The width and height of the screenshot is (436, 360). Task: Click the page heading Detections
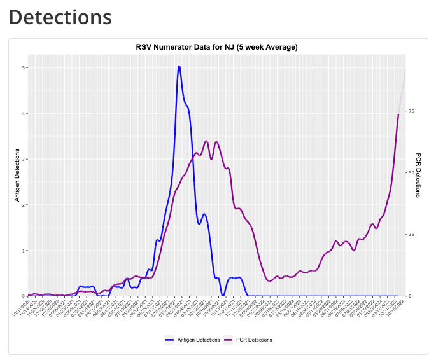(60, 17)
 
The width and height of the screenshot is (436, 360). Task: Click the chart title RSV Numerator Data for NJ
(217, 47)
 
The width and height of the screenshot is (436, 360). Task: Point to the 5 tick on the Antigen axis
(25, 67)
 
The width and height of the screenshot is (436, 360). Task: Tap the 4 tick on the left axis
(25, 113)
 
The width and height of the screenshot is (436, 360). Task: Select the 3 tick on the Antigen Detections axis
(25, 159)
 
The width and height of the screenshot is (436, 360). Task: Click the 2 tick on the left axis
(25, 205)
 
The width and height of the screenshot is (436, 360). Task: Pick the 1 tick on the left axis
(25, 251)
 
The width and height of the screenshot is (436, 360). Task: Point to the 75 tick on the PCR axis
(411, 111)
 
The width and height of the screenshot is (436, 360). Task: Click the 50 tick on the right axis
(411, 172)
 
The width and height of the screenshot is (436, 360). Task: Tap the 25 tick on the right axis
(411, 234)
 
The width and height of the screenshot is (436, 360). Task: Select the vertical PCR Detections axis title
(418, 175)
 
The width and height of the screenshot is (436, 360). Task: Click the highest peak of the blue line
(179, 66)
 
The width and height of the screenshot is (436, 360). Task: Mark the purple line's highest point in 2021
(206, 141)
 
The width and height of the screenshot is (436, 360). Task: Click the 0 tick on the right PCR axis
(410, 296)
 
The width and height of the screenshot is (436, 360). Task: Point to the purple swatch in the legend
(229, 340)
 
